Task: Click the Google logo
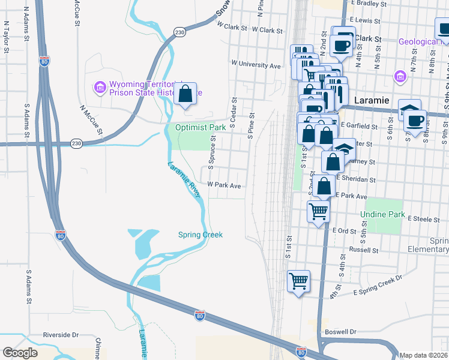pos(20,353)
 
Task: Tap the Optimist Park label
pos(200,128)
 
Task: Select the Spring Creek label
pos(200,235)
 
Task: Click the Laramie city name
pos(372,100)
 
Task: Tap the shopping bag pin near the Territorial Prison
pos(185,94)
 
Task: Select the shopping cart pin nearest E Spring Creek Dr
pos(298,281)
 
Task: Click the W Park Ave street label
pos(224,186)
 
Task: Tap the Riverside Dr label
pos(61,335)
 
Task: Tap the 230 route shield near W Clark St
pos(179,31)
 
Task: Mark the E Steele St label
pos(423,220)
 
